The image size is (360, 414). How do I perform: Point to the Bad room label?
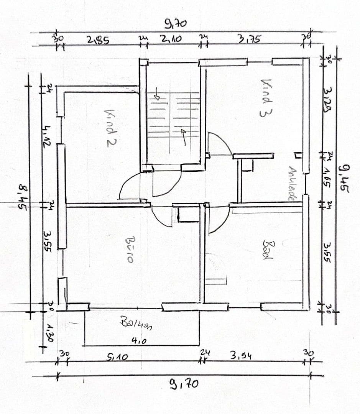click(x=268, y=250)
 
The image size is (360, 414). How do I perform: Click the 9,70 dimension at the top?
click(x=176, y=24)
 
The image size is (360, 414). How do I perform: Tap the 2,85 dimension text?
click(x=98, y=40)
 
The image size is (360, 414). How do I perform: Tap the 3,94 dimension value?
click(x=241, y=355)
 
